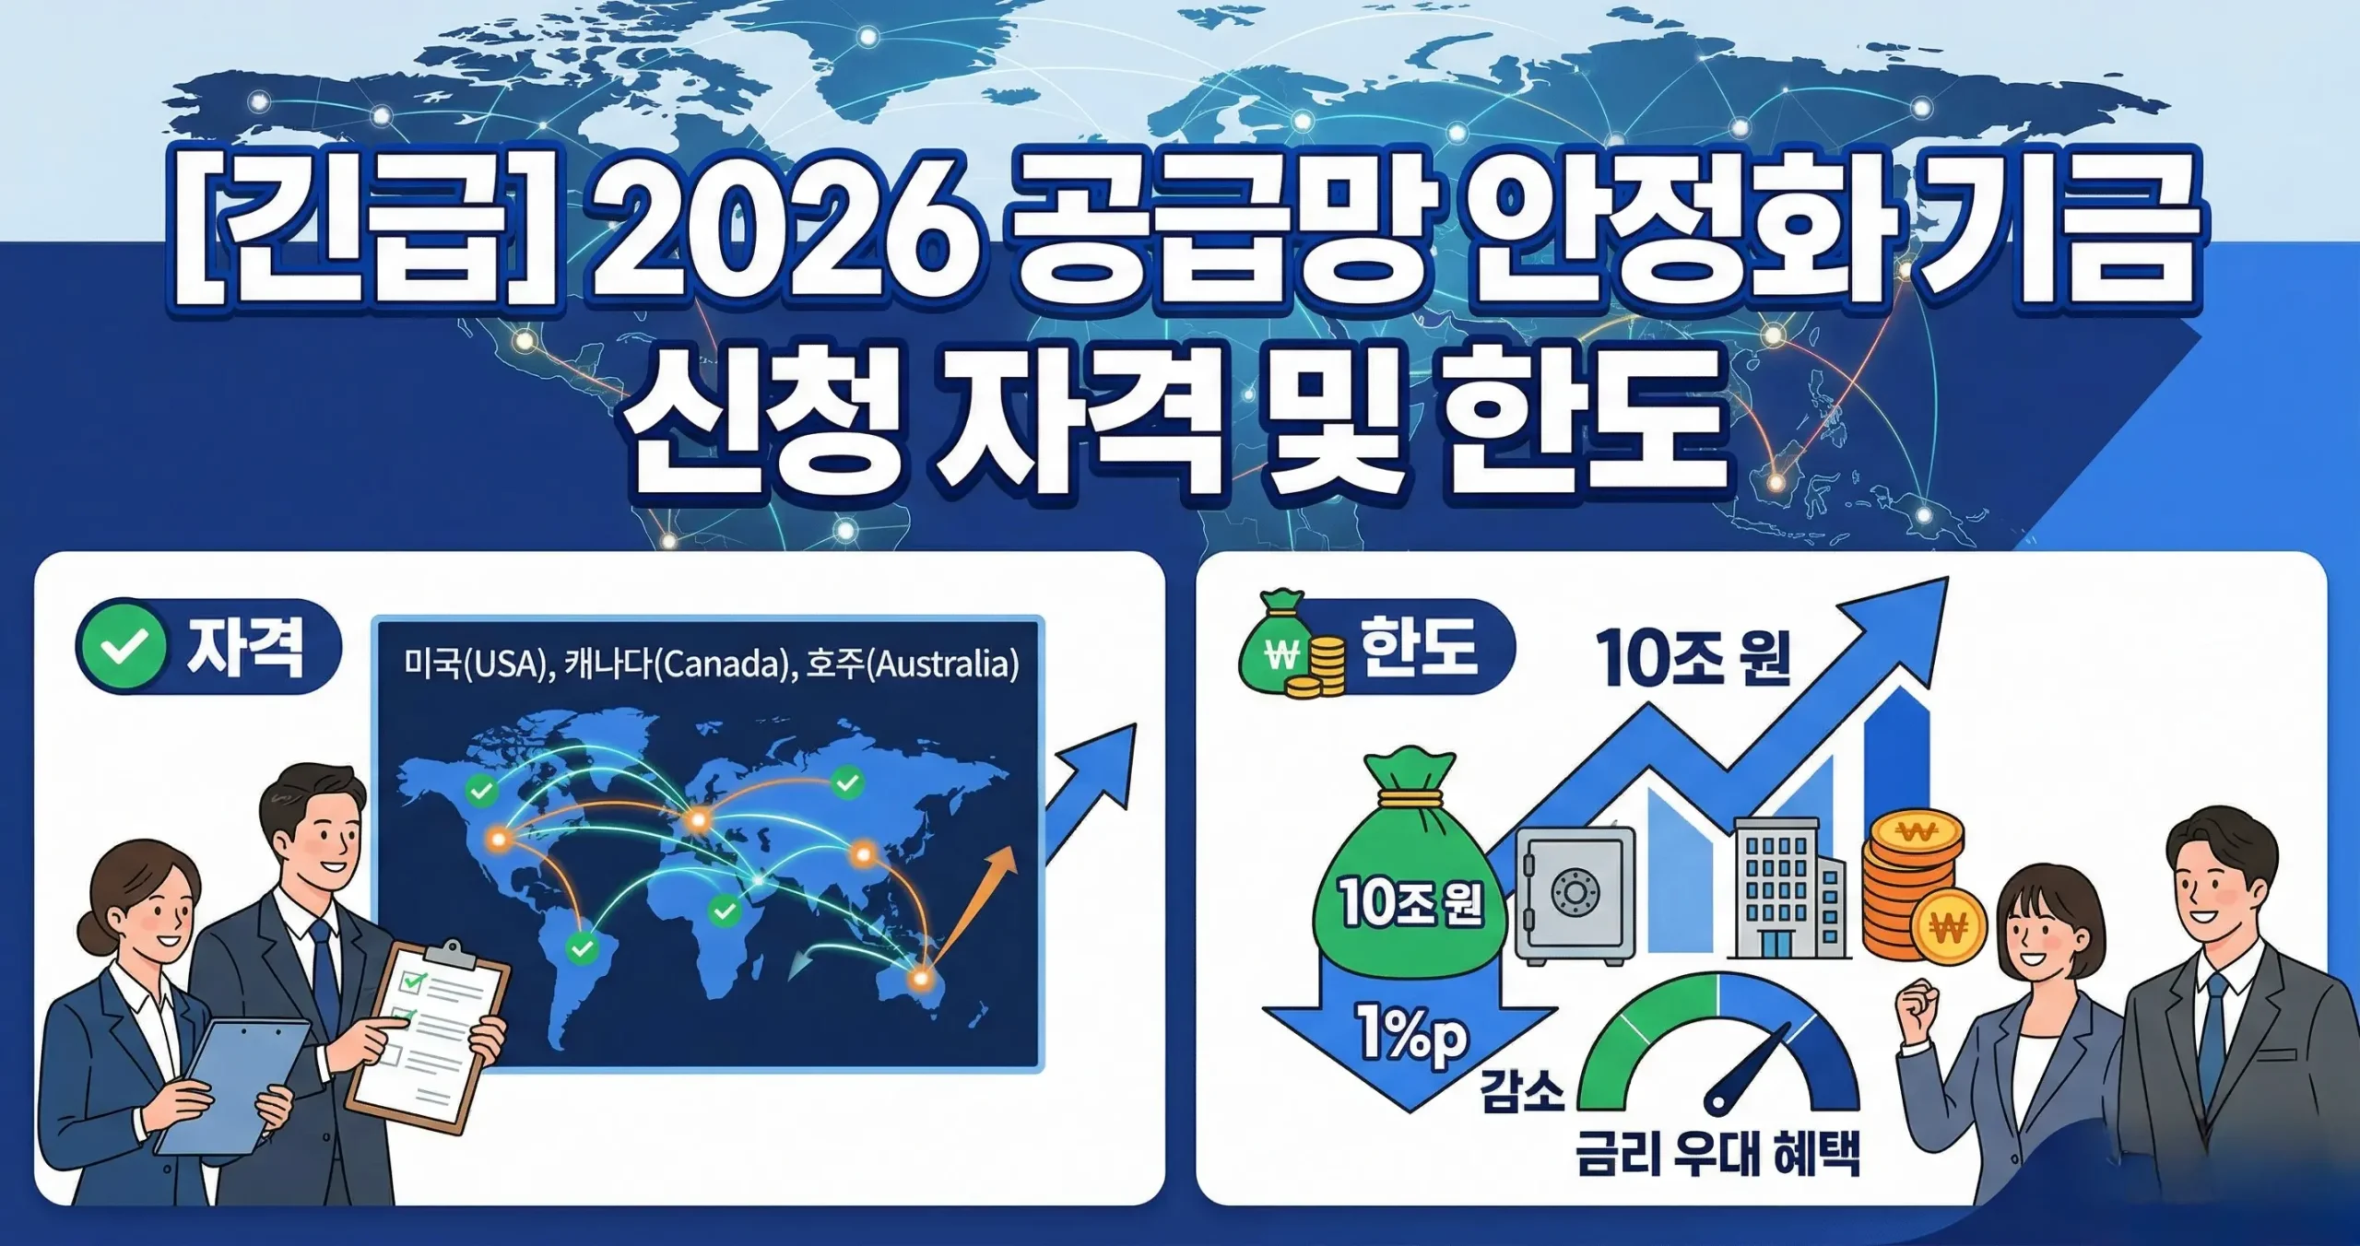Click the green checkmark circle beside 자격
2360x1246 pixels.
tap(124, 647)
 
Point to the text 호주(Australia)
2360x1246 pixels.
tap(912, 664)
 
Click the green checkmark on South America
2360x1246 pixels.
tap(582, 947)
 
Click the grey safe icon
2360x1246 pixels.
tap(1574, 895)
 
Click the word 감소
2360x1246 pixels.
tap(1522, 1092)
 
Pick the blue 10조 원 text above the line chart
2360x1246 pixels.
tap(1693, 659)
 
